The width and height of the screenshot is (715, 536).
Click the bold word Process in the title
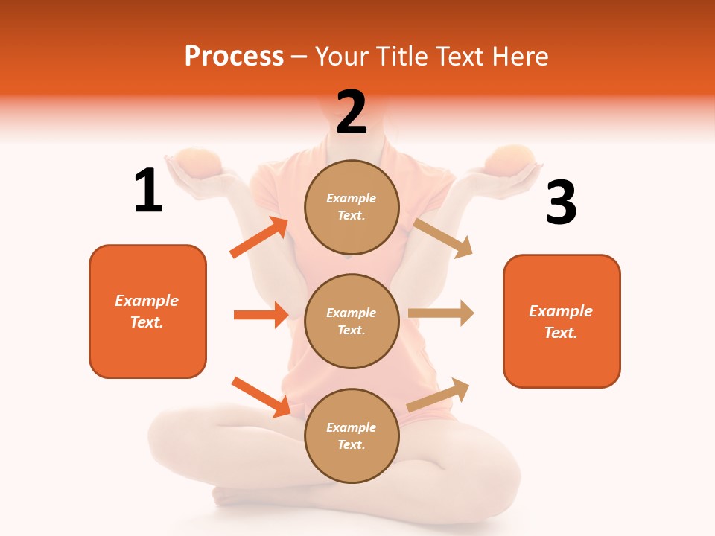[x=234, y=56]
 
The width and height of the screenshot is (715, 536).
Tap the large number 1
[x=148, y=191]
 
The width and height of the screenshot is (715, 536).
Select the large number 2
[x=352, y=112]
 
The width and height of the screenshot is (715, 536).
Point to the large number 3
[x=561, y=202]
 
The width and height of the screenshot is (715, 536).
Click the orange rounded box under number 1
[x=147, y=311]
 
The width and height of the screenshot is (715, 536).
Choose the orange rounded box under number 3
[x=562, y=321]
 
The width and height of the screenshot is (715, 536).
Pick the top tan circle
[x=352, y=207]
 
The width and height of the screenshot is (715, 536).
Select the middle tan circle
[x=352, y=321]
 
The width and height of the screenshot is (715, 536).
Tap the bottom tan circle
[x=352, y=435]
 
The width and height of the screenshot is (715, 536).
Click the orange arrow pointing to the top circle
[x=259, y=237]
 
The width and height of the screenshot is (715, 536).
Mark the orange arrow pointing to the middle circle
[x=261, y=315]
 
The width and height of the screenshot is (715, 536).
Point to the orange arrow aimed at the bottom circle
[x=261, y=397]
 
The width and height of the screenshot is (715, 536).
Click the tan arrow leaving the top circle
[x=443, y=237]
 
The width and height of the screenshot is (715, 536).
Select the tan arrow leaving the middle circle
[x=441, y=313]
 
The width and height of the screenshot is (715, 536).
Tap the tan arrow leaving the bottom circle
[x=439, y=395]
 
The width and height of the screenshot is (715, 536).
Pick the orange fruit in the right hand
[x=511, y=159]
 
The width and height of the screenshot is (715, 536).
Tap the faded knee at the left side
[x=186, y=439]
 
